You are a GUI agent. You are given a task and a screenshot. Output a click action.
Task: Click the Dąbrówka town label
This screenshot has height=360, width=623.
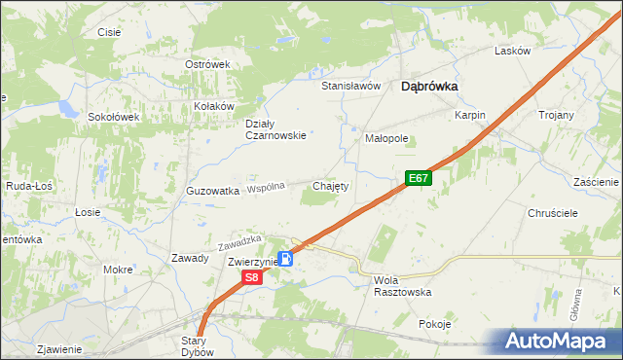coord(429,86)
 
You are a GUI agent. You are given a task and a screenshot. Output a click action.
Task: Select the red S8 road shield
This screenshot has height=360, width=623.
coord(252,277)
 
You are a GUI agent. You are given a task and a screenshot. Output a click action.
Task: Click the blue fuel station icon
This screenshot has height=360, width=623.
coord(286,259)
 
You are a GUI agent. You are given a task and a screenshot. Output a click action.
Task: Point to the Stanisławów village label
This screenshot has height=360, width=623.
coord(350,86)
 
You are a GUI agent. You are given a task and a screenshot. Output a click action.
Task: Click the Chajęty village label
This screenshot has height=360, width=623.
coord(330,185)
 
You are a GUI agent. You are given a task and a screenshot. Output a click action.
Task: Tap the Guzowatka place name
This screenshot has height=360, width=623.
coord(212,192)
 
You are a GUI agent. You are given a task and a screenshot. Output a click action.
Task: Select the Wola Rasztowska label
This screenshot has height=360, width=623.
coord(402,285)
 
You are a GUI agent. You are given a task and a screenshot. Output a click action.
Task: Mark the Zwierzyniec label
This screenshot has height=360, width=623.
coord(254,263)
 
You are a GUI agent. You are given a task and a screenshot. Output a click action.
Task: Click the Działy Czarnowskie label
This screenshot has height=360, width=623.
coord(275,129)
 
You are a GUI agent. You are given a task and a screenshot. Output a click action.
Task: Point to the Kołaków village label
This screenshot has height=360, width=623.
coord(214,106)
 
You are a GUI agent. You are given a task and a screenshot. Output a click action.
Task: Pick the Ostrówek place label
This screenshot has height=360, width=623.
coord(206,64)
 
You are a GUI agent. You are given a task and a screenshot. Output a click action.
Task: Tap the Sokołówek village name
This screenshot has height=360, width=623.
coord(115,117)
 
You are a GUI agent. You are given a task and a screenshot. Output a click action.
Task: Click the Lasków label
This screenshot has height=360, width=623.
coord(512,51)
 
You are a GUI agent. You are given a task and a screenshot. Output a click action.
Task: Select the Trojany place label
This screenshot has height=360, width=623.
coord(556,115)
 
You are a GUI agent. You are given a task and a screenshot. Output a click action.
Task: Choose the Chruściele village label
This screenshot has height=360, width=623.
coord(552,212)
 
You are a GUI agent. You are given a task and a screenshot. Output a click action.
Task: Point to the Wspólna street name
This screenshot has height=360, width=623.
coord(266,187)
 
